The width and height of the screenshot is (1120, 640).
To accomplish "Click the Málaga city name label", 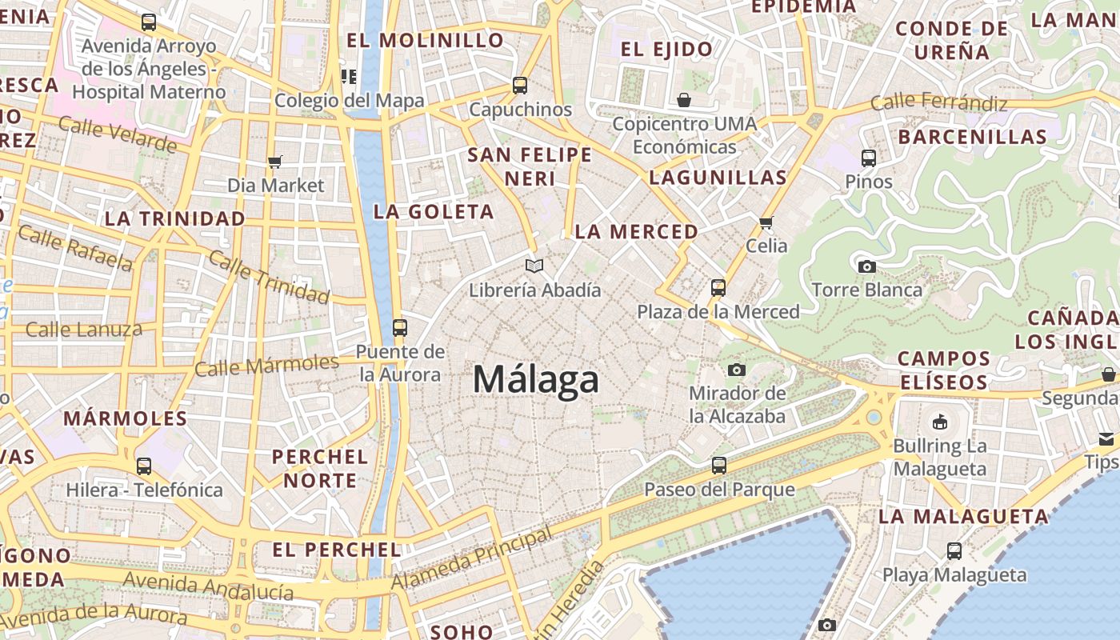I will (535, 379).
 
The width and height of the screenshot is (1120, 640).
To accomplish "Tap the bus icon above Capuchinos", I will (520, 86).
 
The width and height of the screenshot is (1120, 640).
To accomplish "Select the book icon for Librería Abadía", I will (534, 266).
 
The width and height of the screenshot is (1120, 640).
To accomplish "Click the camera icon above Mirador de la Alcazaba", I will (737, 370).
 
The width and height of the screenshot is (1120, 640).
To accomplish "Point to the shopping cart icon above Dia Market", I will (275, 162).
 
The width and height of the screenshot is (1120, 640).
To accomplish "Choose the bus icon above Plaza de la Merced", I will (718, 287).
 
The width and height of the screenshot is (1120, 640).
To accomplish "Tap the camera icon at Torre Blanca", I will (866, 266).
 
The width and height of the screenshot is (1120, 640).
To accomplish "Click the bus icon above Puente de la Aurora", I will (399, 327).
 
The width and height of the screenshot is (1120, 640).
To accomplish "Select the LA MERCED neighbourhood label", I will (637, 232).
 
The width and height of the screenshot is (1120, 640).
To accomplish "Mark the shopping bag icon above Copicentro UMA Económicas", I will (684, 100).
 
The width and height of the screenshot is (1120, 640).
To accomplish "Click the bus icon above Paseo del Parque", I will (719, 465).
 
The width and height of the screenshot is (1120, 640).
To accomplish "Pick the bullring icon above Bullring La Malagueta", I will (940, 422).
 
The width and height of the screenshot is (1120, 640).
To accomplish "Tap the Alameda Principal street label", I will (471, 559).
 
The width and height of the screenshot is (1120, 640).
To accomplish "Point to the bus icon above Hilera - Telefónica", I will (144, 466).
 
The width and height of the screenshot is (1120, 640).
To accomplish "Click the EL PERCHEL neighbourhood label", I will (337, 550).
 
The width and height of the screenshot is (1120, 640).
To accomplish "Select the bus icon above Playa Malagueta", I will (954, 550).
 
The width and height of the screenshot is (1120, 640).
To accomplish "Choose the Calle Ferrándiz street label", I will (938, 102).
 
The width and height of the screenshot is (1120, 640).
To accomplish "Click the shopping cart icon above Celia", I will (766, 222).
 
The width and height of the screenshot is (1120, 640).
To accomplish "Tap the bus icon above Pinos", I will (869, 158).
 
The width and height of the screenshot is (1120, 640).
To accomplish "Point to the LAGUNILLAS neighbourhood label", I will (718, 178).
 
